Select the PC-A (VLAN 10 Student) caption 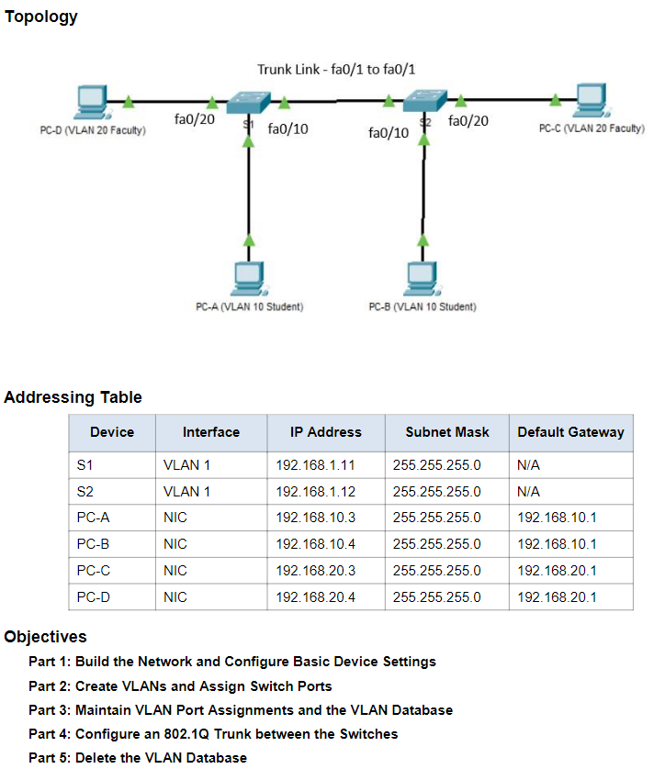point(250,306)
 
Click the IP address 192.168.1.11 point(316,465)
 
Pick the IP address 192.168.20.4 point(316,597)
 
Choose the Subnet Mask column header point(447,432)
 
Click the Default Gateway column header point(570,432)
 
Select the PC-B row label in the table point(94,544)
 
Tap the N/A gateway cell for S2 point(529,492)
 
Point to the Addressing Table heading point(73,397)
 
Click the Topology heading point(41,17)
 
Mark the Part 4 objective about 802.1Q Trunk point(213,733)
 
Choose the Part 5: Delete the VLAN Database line point(138,757)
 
